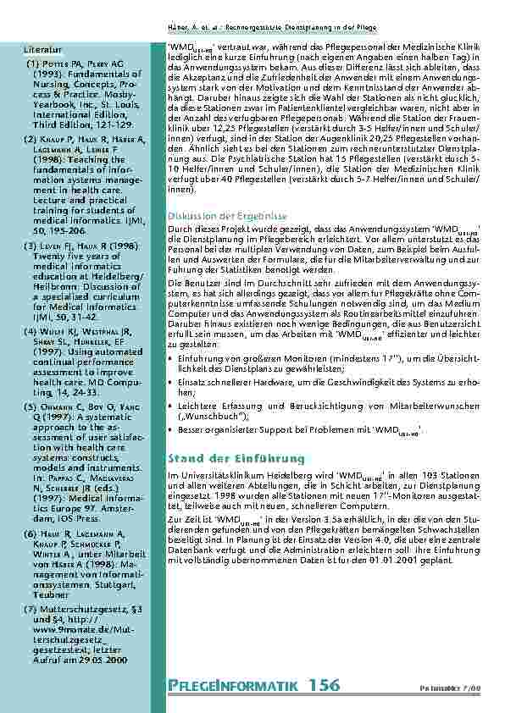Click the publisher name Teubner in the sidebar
[x=53, y=595]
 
